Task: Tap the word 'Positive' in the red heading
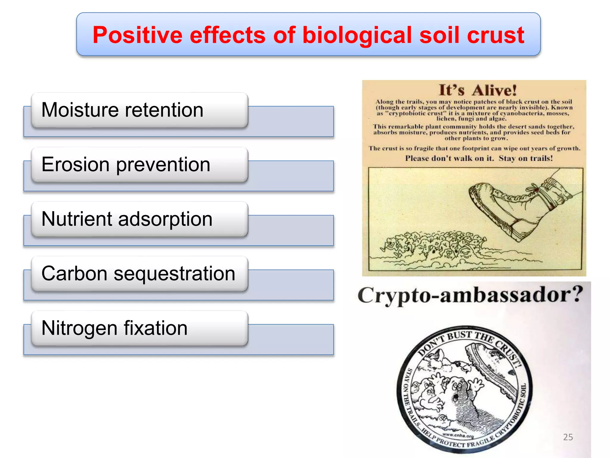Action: pyautogui.click(x=137, y=35)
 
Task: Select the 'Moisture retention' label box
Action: pyautogui.click(x=140, y=110)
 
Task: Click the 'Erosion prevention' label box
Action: pyautogui.click(x=140, y=165)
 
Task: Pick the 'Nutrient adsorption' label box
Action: pyautogui.click(x=140, y=219)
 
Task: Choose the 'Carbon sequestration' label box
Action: pyautogui.click(x=140, y=274)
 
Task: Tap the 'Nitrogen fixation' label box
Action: pyautogui.click(x=140, y=329)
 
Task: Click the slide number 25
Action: pyautogui.click(x=568, y=437)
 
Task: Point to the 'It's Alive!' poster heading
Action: pyautogui.click(x=478, y=90)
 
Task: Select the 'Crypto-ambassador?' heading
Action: pyautogui.click(x=470, y=295)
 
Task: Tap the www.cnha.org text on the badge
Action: pyautogui.click(x=458, y=436)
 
